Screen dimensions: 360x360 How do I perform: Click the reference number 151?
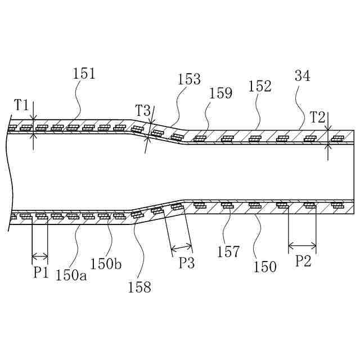84,73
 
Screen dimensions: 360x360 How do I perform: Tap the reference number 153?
189,79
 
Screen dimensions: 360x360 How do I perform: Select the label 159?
220,93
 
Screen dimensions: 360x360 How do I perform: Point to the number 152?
260,86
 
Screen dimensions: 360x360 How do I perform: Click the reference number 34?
303,76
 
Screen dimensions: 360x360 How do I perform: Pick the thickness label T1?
22,105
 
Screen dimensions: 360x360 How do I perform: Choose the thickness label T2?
318,117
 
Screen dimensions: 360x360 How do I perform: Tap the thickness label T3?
143,111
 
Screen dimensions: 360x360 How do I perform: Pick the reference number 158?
139,287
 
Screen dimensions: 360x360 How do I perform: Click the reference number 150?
265,266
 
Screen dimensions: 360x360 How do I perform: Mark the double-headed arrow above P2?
302,245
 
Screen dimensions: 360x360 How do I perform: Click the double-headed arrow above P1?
39,256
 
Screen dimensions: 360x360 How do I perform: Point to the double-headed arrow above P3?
181,247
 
